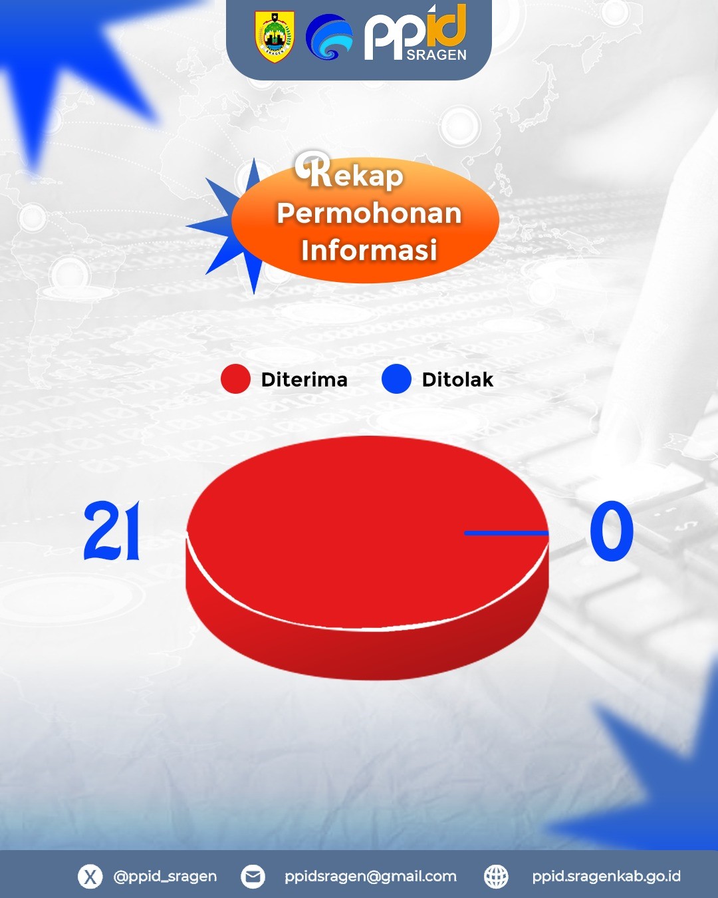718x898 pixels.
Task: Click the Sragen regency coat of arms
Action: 275,37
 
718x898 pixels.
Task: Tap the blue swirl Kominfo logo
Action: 329,37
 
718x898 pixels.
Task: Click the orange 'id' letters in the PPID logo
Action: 445,25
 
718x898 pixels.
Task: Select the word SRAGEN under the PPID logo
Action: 436,55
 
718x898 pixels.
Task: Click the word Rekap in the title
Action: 350,171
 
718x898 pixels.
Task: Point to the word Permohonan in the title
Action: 369,214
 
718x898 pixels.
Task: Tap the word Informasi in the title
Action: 369,250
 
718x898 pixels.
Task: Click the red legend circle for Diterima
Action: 235,378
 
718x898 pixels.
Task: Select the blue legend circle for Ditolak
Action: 396,378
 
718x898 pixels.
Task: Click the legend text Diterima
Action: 304,380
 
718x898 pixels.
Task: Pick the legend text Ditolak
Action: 457,380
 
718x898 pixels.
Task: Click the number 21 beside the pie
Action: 112,531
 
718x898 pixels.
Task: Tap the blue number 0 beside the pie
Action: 611,531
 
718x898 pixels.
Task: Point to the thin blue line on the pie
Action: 506,533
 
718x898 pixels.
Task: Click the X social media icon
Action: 90,876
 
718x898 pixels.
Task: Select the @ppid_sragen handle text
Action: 165,876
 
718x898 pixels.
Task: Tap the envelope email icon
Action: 253,876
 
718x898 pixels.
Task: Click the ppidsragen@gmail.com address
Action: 370,877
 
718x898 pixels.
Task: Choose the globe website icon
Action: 496,876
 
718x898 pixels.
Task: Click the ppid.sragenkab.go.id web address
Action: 606,877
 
